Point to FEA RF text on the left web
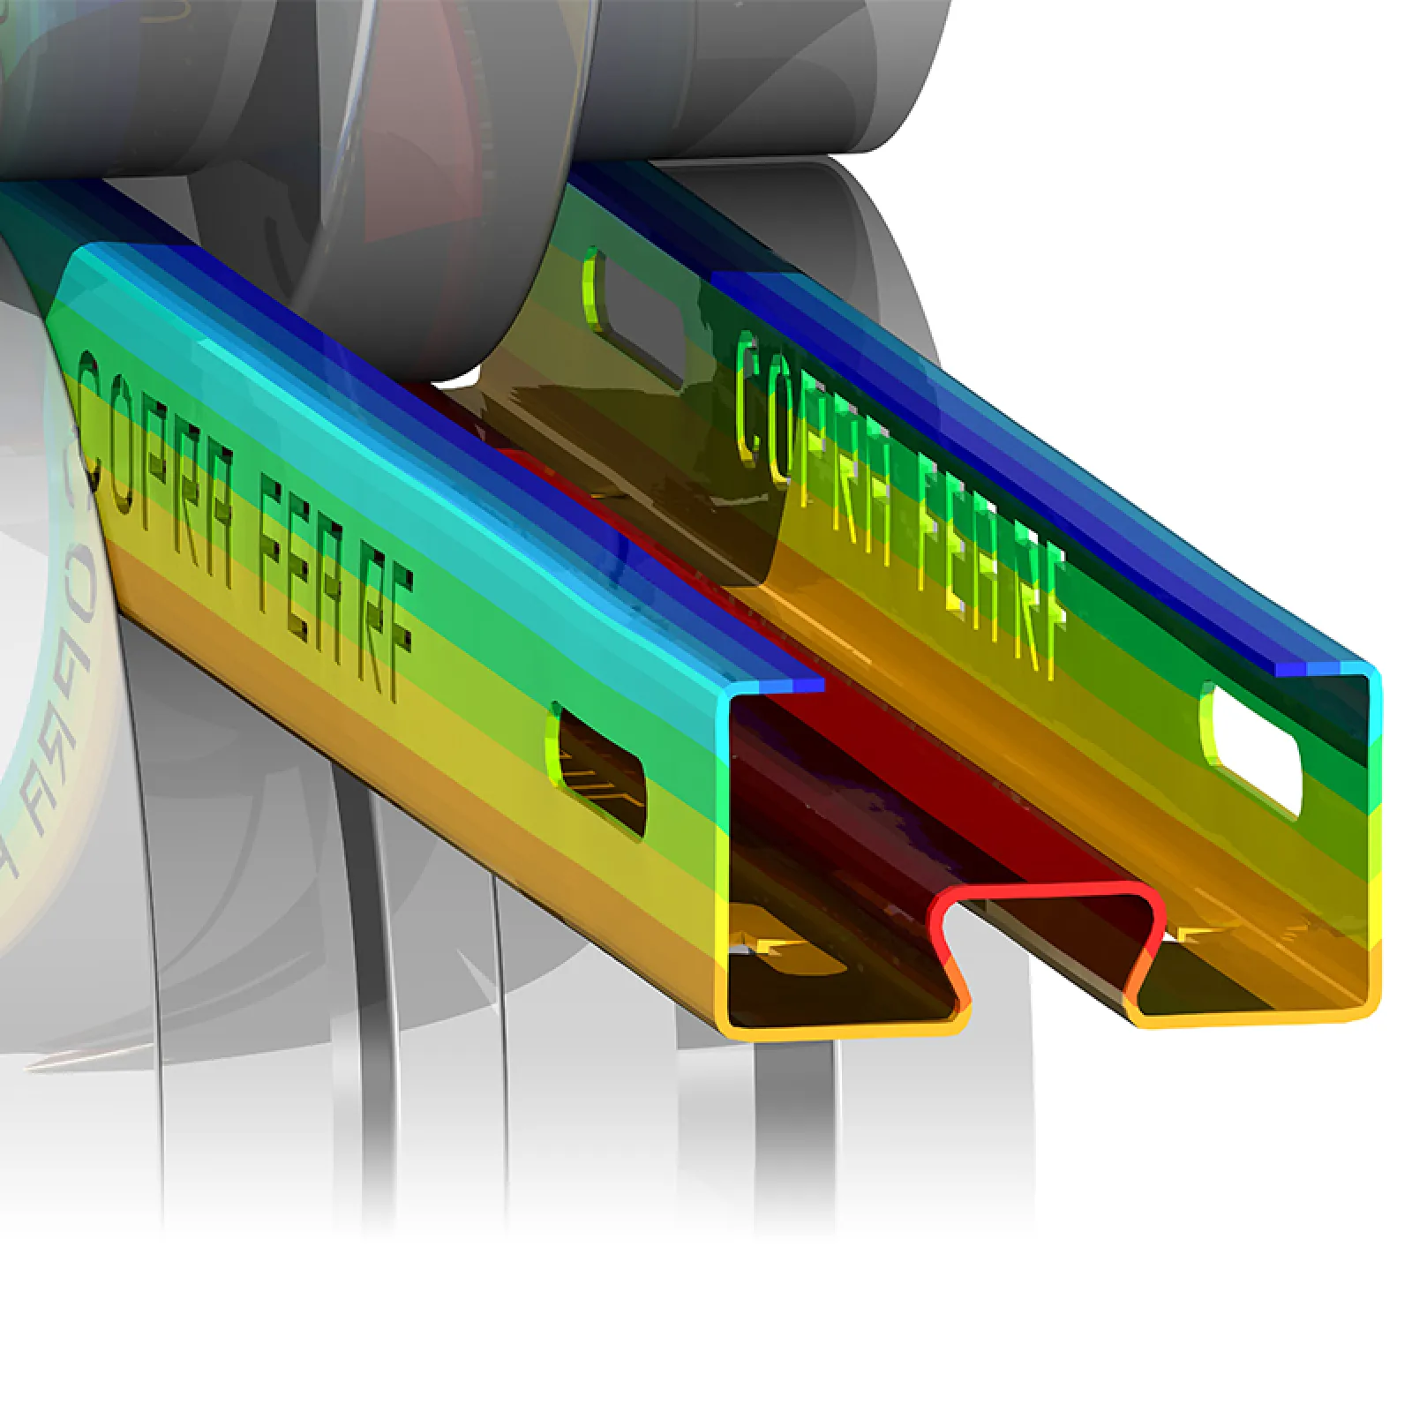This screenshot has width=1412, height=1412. [x=335, y=582]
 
